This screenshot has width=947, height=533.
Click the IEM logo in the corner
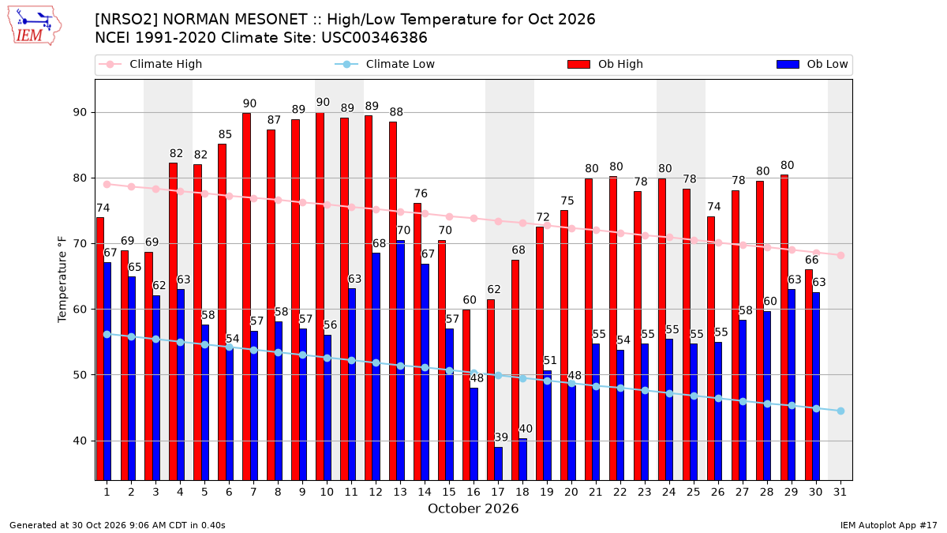[35, 26]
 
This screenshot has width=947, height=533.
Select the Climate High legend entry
[150, 64]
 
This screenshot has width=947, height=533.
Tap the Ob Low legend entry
[812, 64]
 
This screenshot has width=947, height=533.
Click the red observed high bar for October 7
[246, 297]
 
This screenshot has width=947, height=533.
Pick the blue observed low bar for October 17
[499, 464]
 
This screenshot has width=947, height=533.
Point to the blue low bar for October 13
[401, 360]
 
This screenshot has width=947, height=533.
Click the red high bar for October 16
[466, 395]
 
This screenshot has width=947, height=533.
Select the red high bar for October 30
[809, 375]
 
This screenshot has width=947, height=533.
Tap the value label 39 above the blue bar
[501, 437]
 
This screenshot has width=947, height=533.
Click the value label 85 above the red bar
[225, 134]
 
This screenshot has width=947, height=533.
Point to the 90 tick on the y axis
[80, 112]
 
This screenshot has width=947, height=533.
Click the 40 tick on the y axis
[80, 441]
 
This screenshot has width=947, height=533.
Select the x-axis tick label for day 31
[840, 493]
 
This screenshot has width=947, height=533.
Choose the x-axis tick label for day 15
[449, 493]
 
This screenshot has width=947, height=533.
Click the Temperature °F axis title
[62, 280]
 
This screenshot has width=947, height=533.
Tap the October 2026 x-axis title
[473, 509]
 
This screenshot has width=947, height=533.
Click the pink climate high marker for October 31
[841, 256]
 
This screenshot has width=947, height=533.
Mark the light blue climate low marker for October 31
[841, 411]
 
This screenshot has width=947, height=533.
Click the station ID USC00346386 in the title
[374, 38]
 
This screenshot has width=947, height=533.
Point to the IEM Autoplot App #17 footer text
[889, 525]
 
